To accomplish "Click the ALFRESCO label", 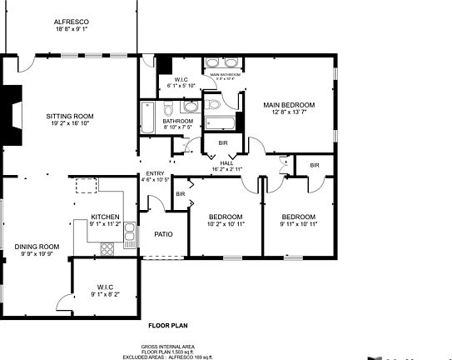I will (71, 20).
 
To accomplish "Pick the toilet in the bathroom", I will (170, 108).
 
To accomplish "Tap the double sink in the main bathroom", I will (222, 63).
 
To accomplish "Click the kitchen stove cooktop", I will (107, 247).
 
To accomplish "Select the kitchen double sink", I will (130, 238).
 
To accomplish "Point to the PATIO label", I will (164, 234).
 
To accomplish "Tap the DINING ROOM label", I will (37, 247).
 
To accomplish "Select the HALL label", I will (226, 162).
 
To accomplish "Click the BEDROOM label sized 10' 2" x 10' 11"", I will (225, 217).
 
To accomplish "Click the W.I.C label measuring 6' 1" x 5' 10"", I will (181, 79).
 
